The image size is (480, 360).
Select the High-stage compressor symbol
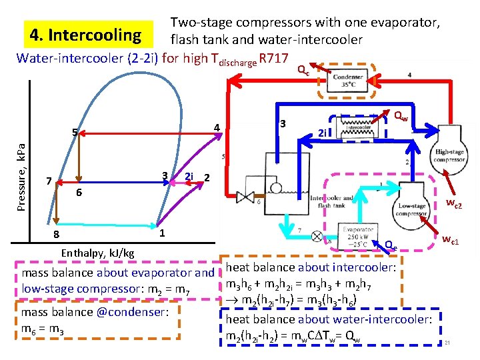pos(449,152)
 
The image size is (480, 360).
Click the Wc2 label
pos(454,205)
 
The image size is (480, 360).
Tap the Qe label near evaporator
pos(391,245)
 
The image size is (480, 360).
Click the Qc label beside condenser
pos(303,69)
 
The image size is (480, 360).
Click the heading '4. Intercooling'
pos(83,34)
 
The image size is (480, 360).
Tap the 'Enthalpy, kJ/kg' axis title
pos(97,253)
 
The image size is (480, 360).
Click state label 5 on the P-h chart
pos(76,131)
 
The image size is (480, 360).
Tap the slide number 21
pos(448,343)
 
